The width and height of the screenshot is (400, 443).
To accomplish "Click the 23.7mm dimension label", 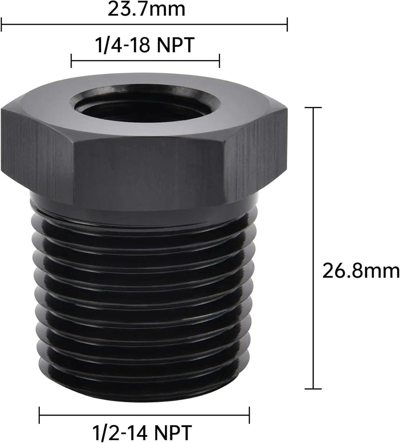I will pyautogui.click(x=146, y=10).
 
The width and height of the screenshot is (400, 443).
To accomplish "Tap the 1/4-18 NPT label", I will pyautogui.click(x=144, y=45).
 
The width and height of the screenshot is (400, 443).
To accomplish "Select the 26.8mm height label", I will pyautogui.click(x=360, y=271).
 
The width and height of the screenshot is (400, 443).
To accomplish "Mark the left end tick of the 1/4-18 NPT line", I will pyautogui.click(x=71, y=61).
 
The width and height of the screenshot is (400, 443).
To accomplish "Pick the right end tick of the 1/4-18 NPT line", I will pyautogui.click(x=219, y=61).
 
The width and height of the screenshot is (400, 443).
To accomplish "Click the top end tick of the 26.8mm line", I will pyautogui.click(x=312, y=108).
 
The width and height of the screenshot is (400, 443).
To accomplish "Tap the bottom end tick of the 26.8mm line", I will pyautogui.click(x=312, y=389).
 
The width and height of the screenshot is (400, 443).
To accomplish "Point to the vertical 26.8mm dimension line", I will pyautogui.click(x=312, y=247).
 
